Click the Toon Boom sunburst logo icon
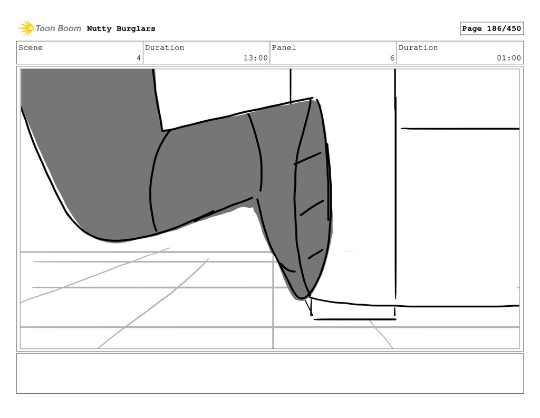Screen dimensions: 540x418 [x=26, y=28]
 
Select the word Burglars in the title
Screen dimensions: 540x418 [x=136, y=28]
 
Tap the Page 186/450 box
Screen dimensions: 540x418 [x=491, y=28]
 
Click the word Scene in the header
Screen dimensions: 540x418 [x=31, y=47]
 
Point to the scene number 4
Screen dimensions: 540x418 [x=139, y=58]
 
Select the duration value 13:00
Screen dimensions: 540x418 [x=256, y=58]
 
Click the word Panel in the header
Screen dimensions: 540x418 [x=284, y=47]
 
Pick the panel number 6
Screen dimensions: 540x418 [x=392, y=58]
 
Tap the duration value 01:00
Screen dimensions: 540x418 [x=509, y=58]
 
